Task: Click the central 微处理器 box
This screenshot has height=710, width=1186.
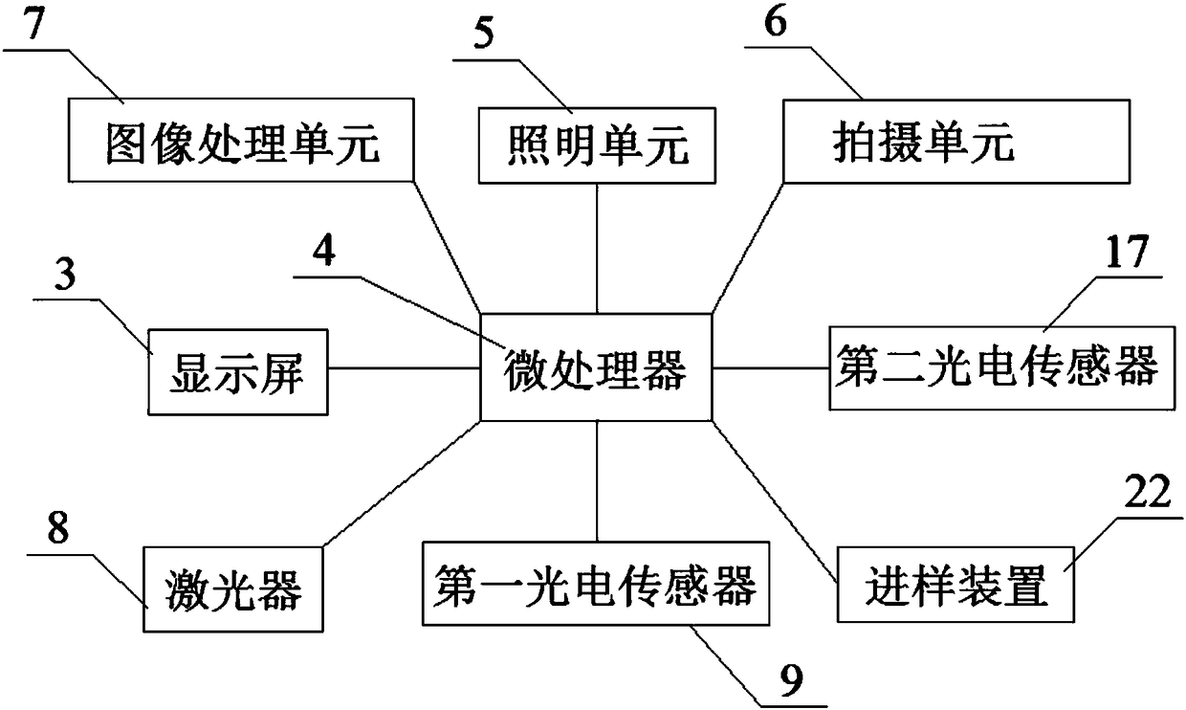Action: [x=596, y=367]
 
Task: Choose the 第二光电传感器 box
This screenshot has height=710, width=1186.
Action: [x=997, y=367]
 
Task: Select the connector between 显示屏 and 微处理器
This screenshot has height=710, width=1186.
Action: [x=403, y=367]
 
